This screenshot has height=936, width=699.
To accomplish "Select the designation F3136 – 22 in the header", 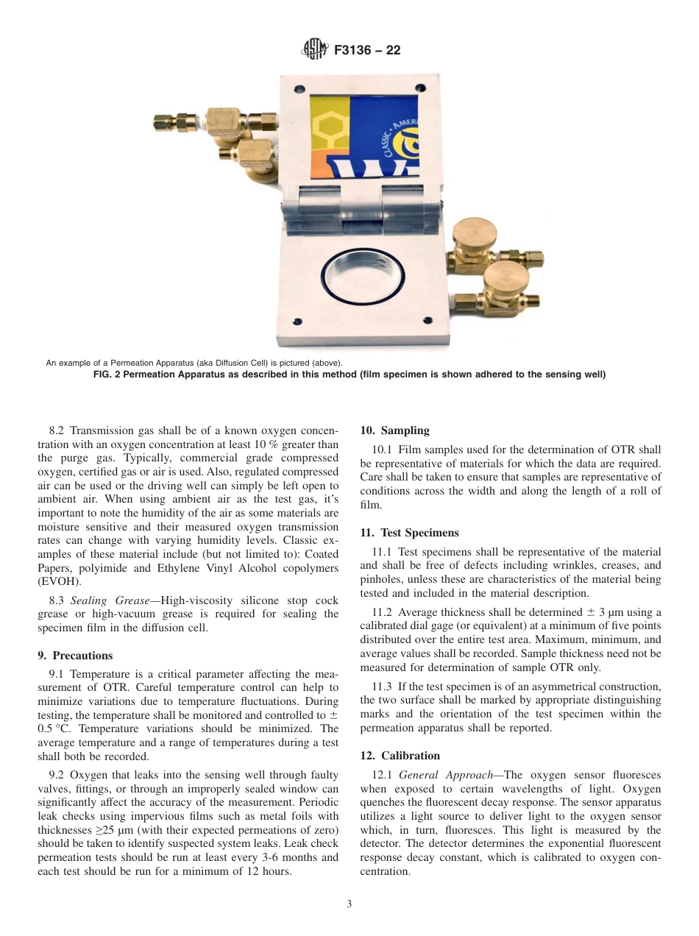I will click(x=367, y=51).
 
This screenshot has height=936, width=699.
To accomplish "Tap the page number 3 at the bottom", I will click(x=349, y=904).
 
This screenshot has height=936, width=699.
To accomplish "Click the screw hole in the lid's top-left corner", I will click(x=299, y=89).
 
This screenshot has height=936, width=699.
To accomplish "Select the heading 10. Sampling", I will click(x=394, y=430).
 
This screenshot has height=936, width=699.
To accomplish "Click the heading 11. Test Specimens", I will click(x=409, y=533).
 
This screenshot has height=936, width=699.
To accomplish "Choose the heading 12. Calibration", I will click(x=400, y=756).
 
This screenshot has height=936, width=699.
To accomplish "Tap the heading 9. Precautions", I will click(x=75, y=656).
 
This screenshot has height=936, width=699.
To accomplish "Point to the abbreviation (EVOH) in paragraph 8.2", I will click(x=60, y=581).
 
